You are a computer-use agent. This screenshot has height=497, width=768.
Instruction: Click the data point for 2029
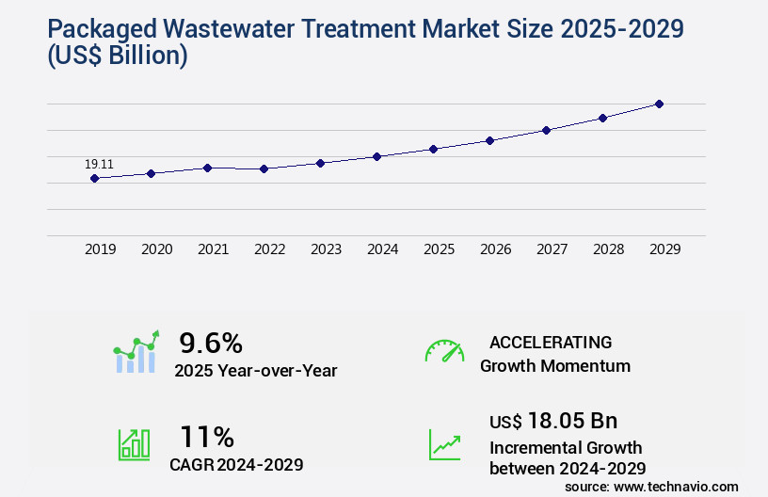point(659,104)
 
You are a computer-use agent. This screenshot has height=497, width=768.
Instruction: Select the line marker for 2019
point(94,178)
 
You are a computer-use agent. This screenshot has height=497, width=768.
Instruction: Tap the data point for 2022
point(264,168)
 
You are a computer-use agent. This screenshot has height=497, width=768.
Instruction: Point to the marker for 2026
point(489,140)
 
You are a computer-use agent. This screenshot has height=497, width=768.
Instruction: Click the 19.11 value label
point(99,164)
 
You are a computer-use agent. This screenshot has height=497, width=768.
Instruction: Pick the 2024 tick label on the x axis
point(382,249)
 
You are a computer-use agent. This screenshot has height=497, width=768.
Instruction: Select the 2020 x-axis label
point(156,249)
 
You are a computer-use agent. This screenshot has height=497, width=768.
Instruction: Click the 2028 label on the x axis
point(608,249)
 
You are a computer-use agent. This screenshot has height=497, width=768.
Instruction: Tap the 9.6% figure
point(211,343)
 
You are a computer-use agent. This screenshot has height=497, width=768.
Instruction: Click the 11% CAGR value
point(207,437)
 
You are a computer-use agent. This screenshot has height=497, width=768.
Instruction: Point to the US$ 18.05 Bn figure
point(553,421)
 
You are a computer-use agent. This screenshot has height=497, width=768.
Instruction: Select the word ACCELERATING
point(551,343)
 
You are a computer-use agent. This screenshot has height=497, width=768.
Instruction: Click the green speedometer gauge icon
point(444,350)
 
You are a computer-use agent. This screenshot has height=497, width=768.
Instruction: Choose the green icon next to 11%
point(134,444)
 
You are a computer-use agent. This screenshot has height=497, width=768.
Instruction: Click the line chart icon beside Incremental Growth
point(444,444)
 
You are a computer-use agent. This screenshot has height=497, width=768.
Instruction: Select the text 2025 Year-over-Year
point(255,371)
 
